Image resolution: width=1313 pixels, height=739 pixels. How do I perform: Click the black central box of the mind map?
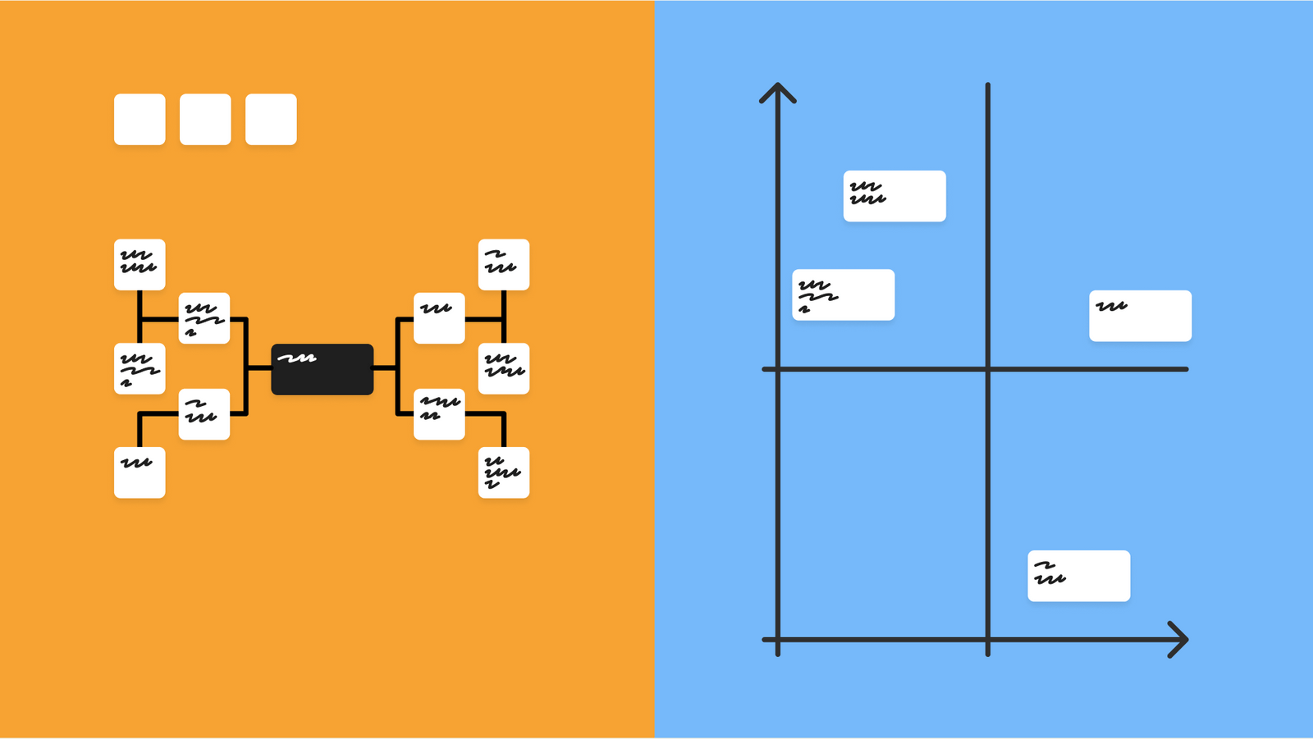pyautogui.click(x=323, y=369)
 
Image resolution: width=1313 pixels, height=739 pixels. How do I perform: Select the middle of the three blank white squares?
pyautogui.click(x=205, y=120)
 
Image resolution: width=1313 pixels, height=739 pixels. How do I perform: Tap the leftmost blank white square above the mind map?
pyautogui.click(x=140, y=120)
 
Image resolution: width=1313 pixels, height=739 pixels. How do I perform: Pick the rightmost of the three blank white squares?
pyautogui.click(x=271, y=120)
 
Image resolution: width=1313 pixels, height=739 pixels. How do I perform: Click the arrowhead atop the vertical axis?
pyautogui.click(x=777, y=89)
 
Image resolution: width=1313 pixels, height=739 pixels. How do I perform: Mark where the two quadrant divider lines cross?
pyautogui.click(x=988, y=369)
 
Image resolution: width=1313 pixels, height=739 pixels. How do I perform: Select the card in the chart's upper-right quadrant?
pyautogui.click(x=1140, y=316)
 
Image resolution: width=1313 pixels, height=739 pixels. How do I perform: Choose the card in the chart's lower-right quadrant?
pyautogui.click(x=1078, y=576)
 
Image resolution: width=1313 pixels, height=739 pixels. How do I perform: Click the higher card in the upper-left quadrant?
pyautogui.click(x=894, y=196)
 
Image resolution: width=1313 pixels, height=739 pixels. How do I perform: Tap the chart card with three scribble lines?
pyautogui.click(x=843, y=294)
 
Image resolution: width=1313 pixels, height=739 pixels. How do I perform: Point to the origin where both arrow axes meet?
pyautogui.click(x=777, y=640)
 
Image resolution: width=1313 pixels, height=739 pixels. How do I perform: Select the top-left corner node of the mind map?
pyautogui.click(x=140, y=265)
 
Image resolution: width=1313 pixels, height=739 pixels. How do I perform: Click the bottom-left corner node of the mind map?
pyautogui.click(x=140, y=472)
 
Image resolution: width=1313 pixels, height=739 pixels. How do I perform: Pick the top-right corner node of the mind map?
pyautogui.click(x=504, y=265)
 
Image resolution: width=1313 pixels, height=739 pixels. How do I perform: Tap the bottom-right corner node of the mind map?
pyautogui.click(x=504, y=472)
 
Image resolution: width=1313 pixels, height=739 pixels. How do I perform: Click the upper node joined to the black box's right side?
pyautogui.click(x=439, y=318)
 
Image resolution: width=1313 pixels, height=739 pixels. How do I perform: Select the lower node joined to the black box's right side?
pyautogui.click(x=439, y=414)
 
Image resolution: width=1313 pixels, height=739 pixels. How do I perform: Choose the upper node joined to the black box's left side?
pyautogui.click(x=204, y=318)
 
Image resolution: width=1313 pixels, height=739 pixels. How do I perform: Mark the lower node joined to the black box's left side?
pyautogui.click(x=204, y=414)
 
